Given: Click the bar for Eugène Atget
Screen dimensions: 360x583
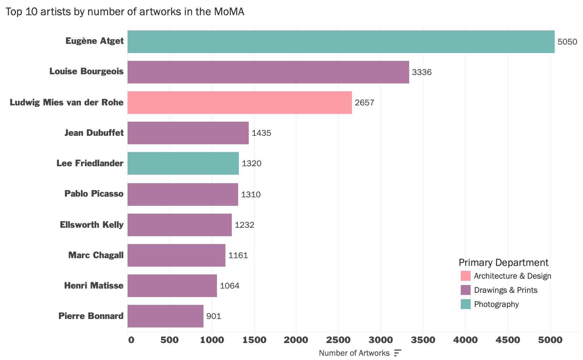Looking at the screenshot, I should coord(341,42).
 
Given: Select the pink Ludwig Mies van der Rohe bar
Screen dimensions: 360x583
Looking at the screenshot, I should coord(240,103).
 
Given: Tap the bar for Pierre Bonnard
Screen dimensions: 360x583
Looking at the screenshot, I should coord(165,316).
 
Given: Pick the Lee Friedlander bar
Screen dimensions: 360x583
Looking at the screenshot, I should coord(183,163).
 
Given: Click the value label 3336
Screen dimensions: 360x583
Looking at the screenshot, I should coord(422,72).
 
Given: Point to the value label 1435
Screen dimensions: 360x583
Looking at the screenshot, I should coord(261,133).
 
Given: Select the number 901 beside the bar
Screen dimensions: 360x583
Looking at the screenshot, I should coord(214,316).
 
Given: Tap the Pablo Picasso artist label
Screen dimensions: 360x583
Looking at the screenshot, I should coord(94,194).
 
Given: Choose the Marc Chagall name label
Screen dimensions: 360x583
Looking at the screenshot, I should coord(96,255).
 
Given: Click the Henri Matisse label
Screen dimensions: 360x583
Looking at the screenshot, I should coord(94,285).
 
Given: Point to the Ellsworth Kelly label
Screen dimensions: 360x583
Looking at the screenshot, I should coord(92,225).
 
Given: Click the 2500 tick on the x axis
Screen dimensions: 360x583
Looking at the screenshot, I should coord(338,340).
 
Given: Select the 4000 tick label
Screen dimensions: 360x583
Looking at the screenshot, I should coord(466,340).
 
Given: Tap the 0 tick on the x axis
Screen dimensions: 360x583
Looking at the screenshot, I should coord(131,340).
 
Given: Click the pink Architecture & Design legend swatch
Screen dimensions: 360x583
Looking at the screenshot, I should coord(466,276).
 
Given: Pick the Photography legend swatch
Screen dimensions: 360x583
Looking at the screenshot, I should coord(466,304).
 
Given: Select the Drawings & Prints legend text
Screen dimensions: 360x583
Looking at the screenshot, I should coord(506,290).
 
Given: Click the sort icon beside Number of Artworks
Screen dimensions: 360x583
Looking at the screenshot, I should coord(398,353).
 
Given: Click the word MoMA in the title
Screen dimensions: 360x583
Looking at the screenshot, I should coord(229,12).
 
